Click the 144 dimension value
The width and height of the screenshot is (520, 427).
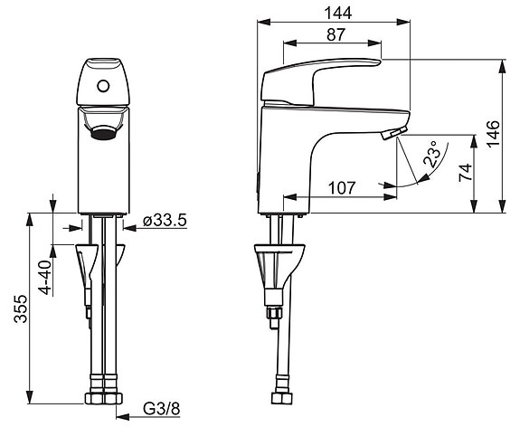click(x=338, y=14)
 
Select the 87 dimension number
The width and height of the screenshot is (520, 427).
click(x=336, y=34)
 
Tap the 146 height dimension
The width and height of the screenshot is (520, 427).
click(x=493, y=133)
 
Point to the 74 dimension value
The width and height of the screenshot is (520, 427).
click(x=465, y=172)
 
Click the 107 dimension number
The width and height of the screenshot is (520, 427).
click(x=342, y=188)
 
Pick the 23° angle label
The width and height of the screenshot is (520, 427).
click(x=431, y=154)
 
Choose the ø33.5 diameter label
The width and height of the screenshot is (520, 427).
click(x=165, y=221)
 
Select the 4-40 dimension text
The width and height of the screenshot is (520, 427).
click(x=45, y=278)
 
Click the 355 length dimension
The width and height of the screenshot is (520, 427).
click(x=20, y=308)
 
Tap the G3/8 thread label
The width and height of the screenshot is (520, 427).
click(x=162, y=409)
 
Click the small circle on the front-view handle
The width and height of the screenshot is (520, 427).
click(x=103, y=87)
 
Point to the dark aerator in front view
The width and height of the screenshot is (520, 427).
click(x=103, y=132)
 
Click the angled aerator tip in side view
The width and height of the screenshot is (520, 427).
click(x=394, y=133)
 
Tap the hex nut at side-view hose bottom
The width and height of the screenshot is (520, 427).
click(x=281, y=398)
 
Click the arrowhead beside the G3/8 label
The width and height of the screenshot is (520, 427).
click(x=123, y=416)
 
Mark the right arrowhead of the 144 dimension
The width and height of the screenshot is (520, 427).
click(x=403, y=22)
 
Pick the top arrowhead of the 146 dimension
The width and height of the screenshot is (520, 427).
click(x=503, y=66)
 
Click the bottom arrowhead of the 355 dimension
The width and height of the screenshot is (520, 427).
click(x=30, y=397)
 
